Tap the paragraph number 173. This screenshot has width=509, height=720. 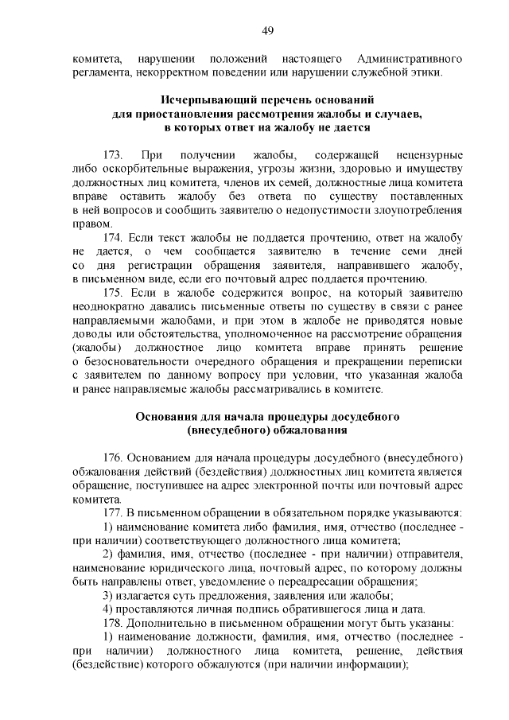115,153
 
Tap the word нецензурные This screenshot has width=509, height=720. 424,153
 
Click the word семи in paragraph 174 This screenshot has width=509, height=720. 406,252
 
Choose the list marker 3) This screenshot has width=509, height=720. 109,594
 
